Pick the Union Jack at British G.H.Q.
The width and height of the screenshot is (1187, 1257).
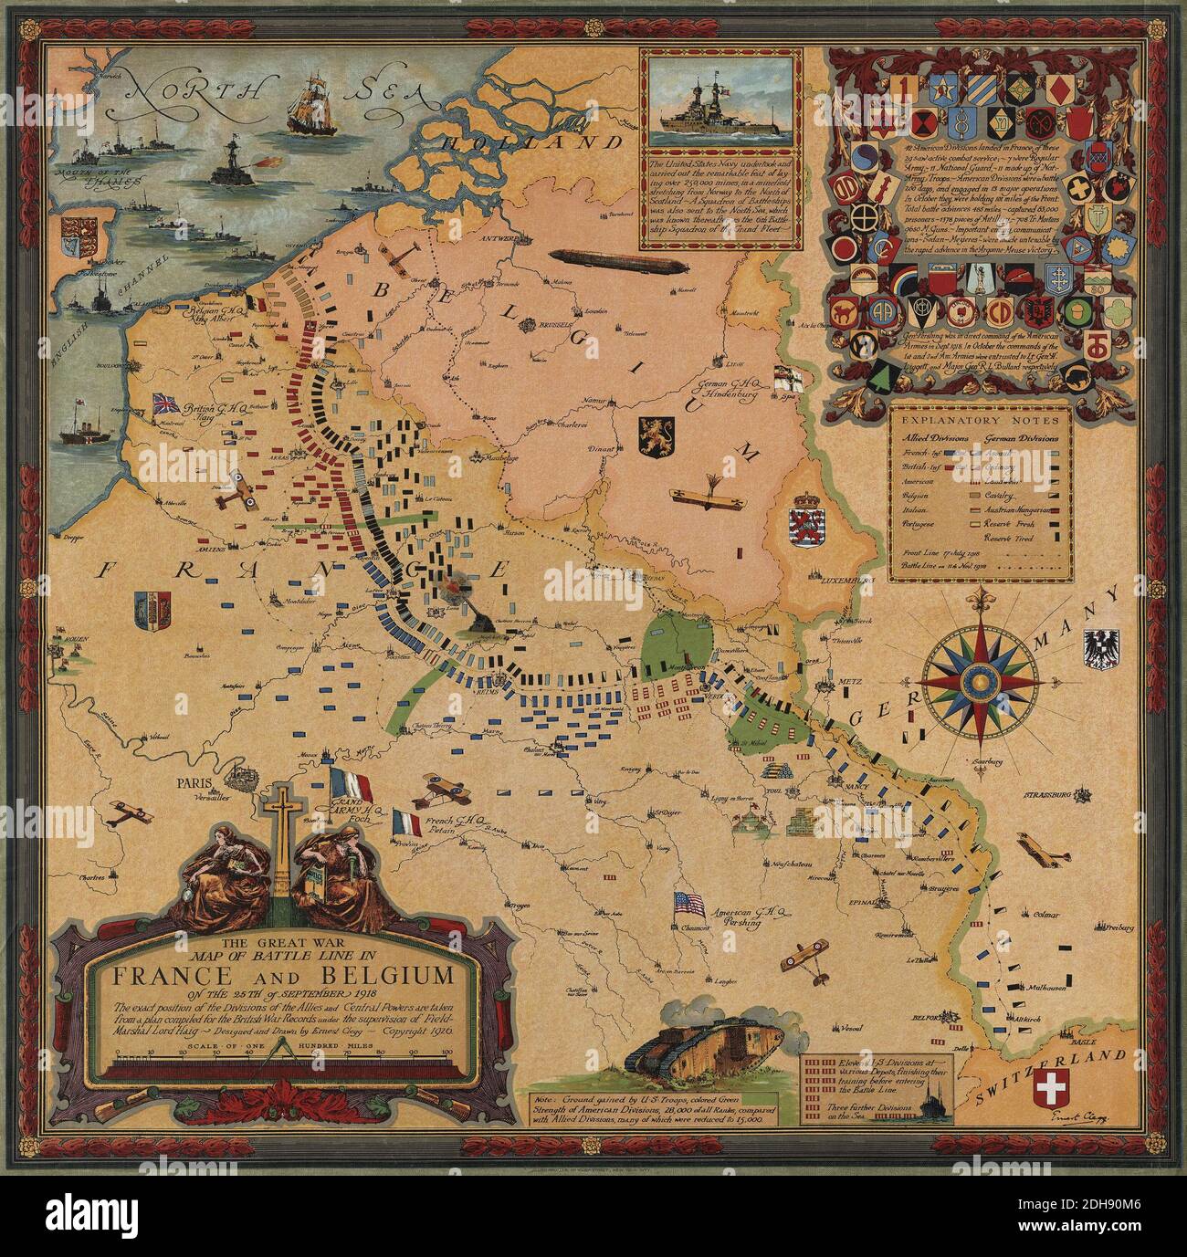[x=167, y=403]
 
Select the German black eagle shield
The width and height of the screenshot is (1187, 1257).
[x=1098, y=648]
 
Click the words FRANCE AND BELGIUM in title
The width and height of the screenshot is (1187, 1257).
[x=282, y=976]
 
